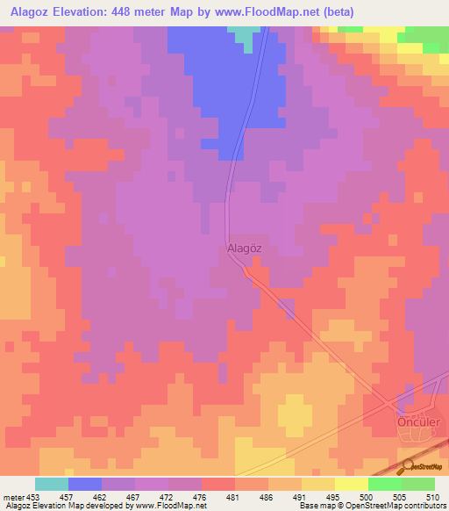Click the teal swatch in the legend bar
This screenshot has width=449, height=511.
pos(51,484)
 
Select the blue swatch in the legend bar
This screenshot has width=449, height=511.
pos(84,484)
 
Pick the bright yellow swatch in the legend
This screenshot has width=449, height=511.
pos(351,484)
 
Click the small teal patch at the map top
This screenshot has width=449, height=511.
pos(246,32)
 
